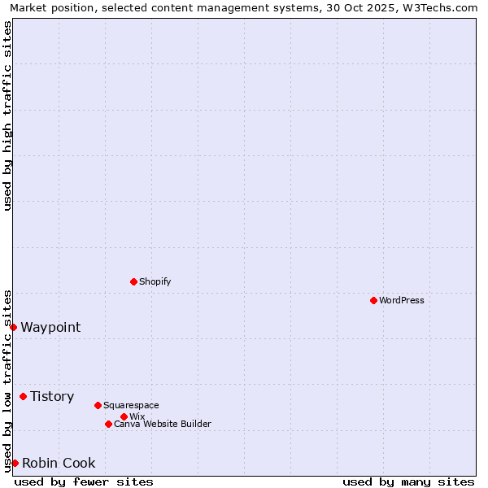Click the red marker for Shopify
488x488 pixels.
[x=133, y=281]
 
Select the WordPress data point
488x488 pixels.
[x=373, y=300]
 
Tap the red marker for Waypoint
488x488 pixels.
[x=13, y=327]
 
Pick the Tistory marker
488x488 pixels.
[x=23, y=396]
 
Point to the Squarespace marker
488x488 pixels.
[x=98, y=405]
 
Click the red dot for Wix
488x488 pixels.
[x=124, y=416]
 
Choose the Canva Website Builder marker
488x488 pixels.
[x=108, y=424]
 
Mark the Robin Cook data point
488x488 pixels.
[x=15, y=463]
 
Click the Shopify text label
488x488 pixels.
[x=155, y=281]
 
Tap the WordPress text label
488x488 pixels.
[x=402, y=300]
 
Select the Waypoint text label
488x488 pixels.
[x=50, y=327]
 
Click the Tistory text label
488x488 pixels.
[x=52, y=396]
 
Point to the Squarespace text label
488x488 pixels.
[x=131, y=405]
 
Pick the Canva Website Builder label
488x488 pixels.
[x=162, y=424]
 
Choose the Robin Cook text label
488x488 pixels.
[x=59, y=463]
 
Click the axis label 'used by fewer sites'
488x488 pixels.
[x=84, y=481]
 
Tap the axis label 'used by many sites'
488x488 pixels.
[x=408, y=481]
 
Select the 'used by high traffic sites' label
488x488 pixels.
[x=7, y=115]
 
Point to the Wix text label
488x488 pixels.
[x=137, y=416]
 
